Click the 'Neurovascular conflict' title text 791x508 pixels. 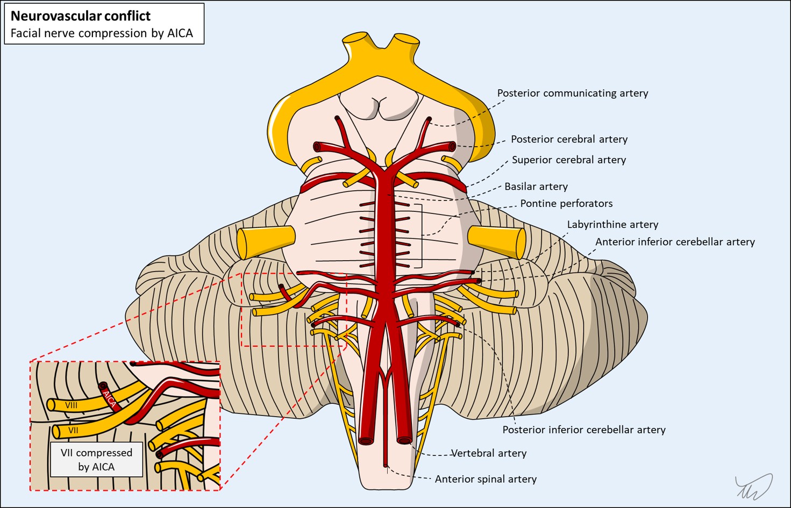(x=81, y=16)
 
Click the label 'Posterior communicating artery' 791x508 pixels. (x=572, y=93)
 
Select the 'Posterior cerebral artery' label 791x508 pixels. (x=569, y=139)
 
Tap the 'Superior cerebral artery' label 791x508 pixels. (x=568, y=160)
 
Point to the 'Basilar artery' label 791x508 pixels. (x=536, y=187)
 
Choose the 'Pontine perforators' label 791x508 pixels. (x=566, y=203)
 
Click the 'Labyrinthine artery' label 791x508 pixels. (x=612, y=224)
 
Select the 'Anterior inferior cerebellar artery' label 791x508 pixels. (x=674, y=242)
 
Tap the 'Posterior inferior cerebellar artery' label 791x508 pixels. (x=583, y=430)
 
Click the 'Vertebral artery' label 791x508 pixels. (x=488, y=453)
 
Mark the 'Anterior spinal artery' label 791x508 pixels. (x=485, y=479)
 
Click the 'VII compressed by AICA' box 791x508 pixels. (x=96, y=460)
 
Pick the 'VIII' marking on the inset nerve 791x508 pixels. (x=71, y=405)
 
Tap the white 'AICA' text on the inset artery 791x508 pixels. (x=109, y=398)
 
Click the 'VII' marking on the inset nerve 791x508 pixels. (x=73, y=431)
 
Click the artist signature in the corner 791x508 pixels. (x=754, y=486)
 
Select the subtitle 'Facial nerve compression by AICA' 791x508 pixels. (x=102, y=33)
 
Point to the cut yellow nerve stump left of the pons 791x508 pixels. (x=266, y=242)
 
